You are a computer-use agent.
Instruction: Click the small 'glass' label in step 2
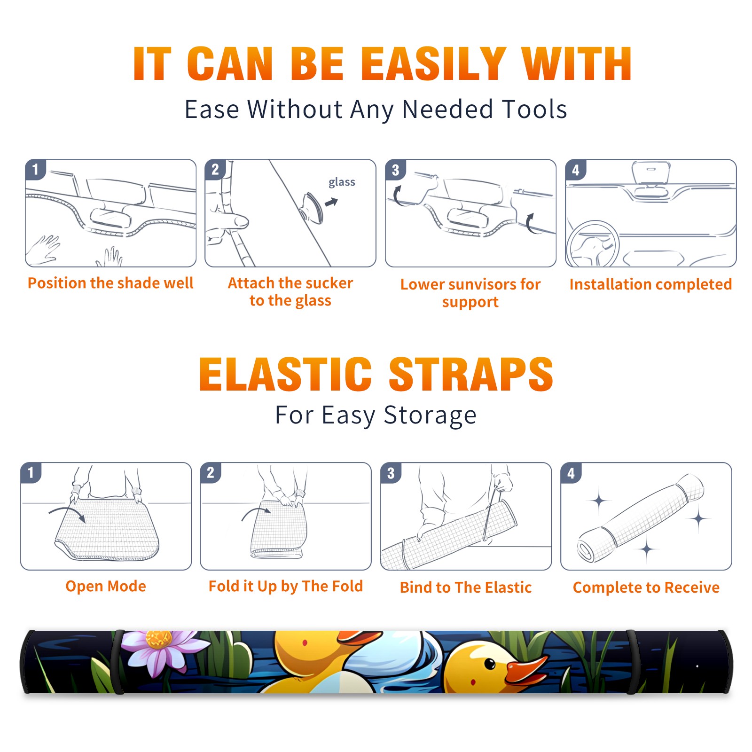(x=342, y=182)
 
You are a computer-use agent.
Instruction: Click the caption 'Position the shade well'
(x=110, y=283)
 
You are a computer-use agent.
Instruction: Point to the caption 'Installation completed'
(x=650, y=284)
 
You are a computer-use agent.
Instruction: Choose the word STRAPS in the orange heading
(x=471, y=374)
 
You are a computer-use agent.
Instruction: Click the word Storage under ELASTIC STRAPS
(x=430, y=415)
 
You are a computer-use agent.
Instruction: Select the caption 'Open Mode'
(x=106, y=586)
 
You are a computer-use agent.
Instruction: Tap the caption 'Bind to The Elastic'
(x=466, y=587)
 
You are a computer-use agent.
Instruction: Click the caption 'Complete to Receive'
(x=646, y=587)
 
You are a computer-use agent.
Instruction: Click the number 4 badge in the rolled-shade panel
(x=571, y=473)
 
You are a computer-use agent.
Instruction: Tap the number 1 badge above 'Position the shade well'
(x=35, y=169)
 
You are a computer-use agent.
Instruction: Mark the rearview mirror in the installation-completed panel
(x=651, y=172)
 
